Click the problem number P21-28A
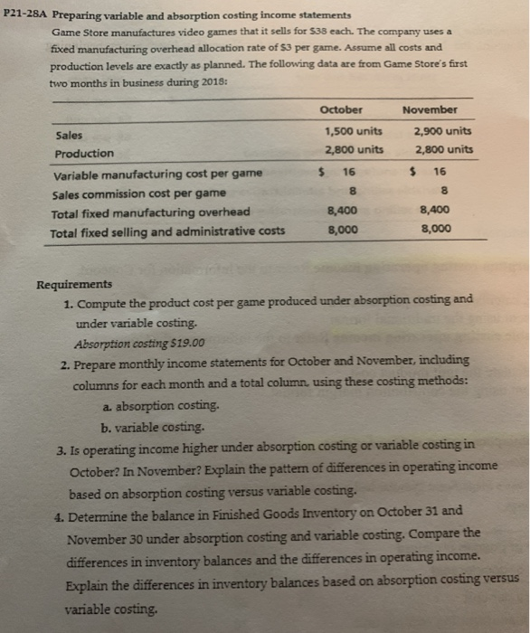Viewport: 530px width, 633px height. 27,15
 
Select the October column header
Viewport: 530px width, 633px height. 341,110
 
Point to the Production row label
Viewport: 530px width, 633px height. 84,153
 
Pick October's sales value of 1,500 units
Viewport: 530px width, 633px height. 352,131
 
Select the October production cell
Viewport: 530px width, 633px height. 352,149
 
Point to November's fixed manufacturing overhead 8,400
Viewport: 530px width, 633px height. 437,210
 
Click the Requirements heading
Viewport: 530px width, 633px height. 73,283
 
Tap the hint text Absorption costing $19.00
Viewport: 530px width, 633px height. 140,342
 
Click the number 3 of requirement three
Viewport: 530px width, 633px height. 60,446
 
